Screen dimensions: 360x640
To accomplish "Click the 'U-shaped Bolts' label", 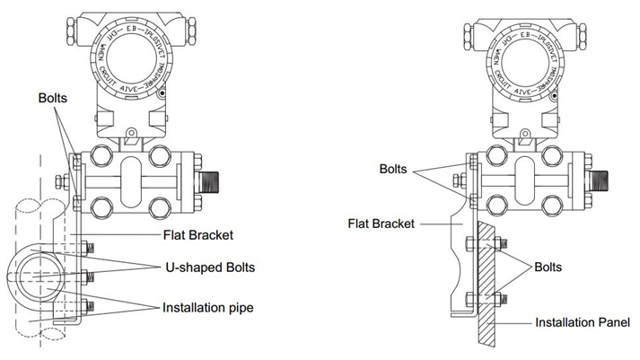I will (209, 267).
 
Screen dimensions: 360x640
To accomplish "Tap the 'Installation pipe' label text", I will (207, 308).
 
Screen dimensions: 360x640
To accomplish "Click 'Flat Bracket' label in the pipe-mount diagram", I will (197, 236).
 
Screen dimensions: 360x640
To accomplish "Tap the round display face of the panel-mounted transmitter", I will (522, 71).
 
